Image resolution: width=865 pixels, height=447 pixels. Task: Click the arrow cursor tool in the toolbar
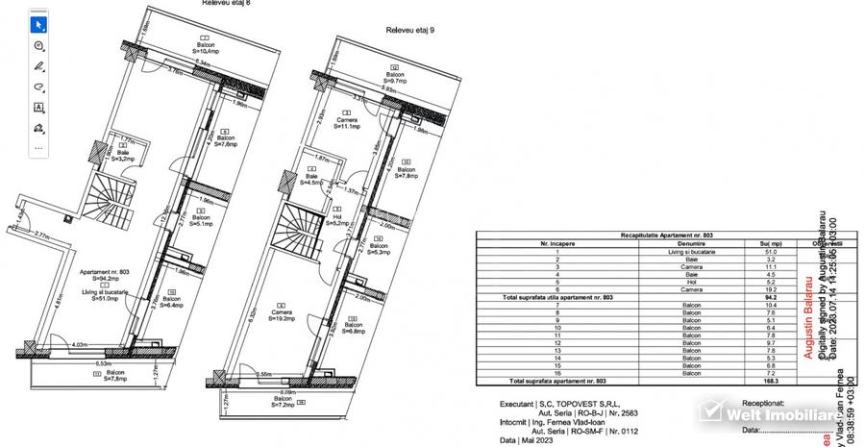point(39,24)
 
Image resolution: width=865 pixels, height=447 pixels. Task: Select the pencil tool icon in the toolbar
point(39,66)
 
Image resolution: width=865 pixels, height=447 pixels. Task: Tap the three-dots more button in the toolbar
point(39,149)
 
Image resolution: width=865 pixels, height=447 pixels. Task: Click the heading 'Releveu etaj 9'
point(410,30)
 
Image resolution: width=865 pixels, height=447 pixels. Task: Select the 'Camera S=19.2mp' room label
point(282,316)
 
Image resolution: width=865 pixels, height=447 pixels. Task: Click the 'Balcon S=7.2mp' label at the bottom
point(284,403)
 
